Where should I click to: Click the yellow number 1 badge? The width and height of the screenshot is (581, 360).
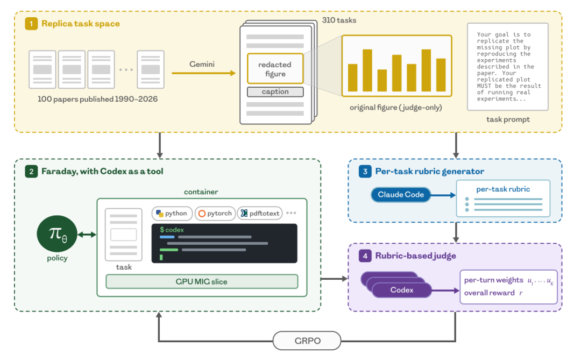coord(31,24)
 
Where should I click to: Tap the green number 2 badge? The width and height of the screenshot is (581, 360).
coord(31,171)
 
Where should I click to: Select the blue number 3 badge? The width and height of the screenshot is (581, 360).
coord(365,171)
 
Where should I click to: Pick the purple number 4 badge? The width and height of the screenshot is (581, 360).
coord(365,256)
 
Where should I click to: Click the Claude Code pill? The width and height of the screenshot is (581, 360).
coord(401,195)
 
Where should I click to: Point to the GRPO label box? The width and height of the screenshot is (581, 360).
coord(307,341)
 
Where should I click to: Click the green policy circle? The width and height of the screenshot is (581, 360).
coord(57,234)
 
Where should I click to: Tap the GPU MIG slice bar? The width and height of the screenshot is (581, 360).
coord(202,281)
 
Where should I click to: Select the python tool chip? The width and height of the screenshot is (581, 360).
coord(172,213)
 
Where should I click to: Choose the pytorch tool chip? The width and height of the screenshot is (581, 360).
coord(215,213)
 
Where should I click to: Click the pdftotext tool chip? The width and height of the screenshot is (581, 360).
coord(260,213)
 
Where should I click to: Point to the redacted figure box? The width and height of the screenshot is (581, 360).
coord(275,68)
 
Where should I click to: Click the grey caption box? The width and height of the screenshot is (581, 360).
coord(275,91)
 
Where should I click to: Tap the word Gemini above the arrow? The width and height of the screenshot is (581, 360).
coord(202,64)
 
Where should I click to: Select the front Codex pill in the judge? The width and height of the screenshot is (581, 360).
coord(402,290)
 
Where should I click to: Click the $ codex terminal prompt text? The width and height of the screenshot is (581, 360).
coord(172,230)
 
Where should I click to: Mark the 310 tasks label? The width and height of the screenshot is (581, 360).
coord(339,20)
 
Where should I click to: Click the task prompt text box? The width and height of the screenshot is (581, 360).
coord(508,67)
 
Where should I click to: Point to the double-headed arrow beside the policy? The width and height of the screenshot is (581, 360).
coord(87,234)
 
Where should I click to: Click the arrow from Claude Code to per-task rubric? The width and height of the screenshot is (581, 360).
coord(443,195)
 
